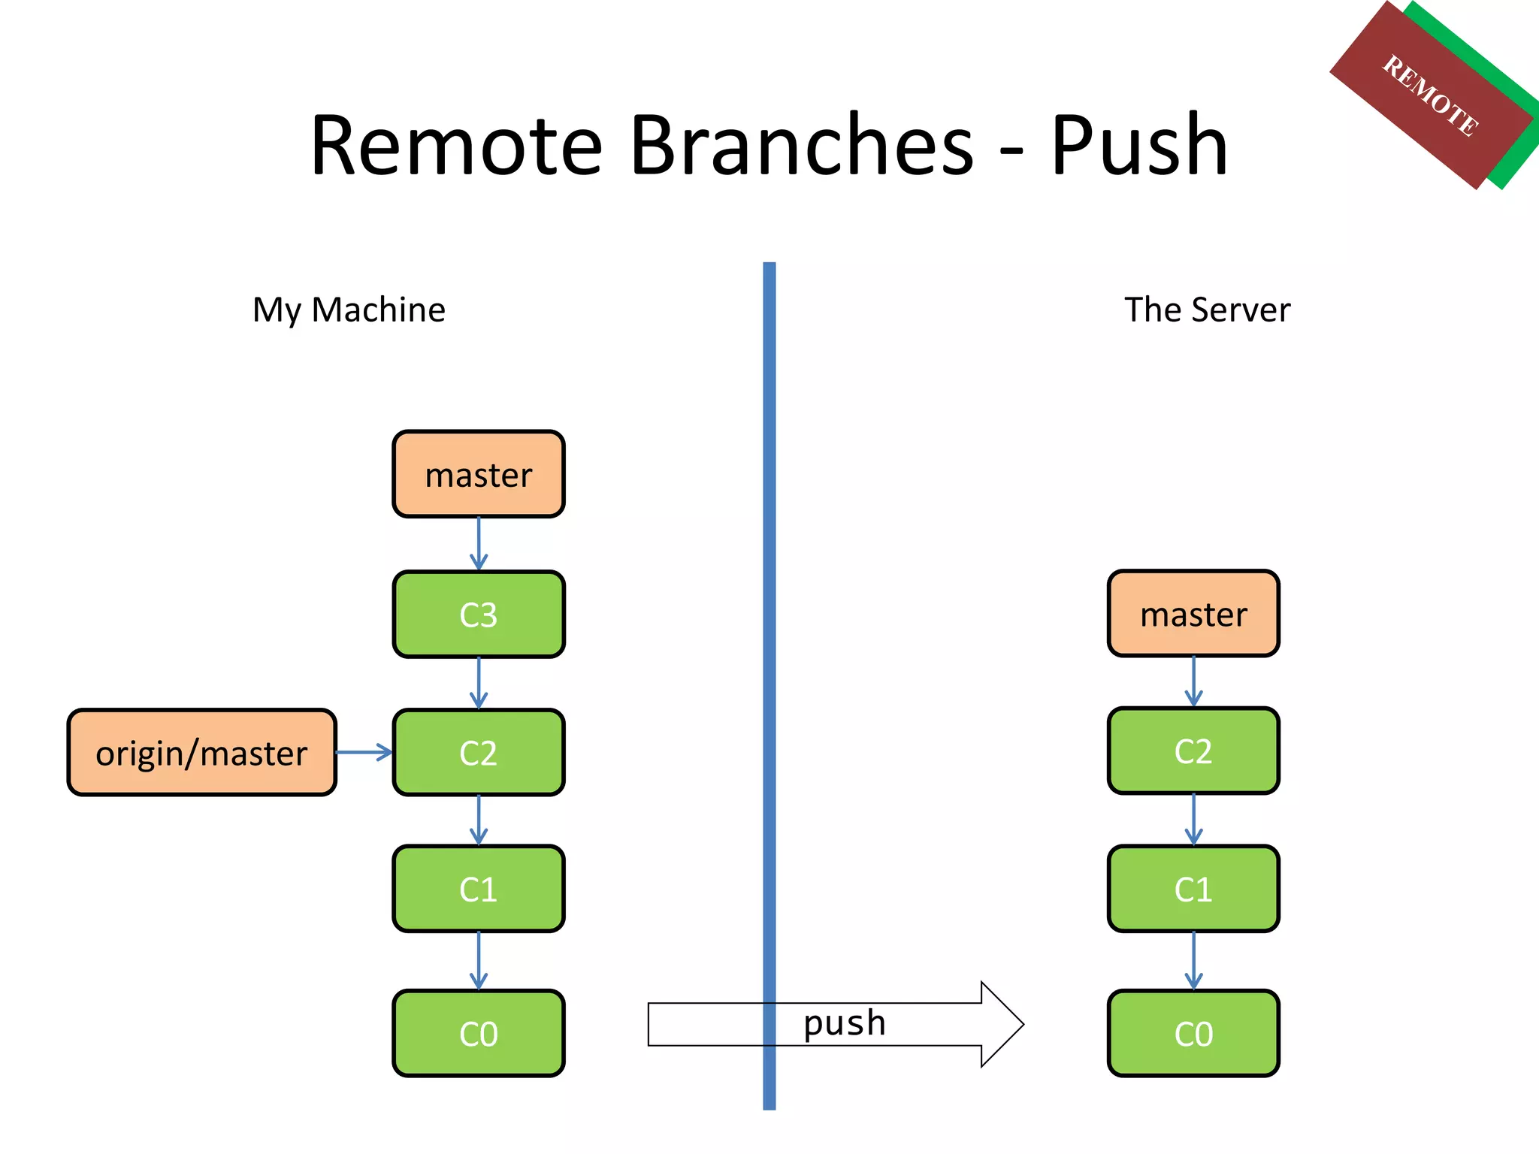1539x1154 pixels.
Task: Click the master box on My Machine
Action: [x=478, y=474]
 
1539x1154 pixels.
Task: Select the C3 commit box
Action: [x=478, y=615]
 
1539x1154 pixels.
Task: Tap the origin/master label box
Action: [x=201, y=753]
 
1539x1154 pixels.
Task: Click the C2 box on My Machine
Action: [x=478, y=753]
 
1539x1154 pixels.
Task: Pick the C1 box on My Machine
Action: [x=478, y=890]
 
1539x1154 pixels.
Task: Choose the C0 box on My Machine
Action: [x=478, y=1034]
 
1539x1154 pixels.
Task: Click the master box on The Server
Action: [x=1193, y=614]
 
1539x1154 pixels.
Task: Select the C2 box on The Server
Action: [x=1193, y=751]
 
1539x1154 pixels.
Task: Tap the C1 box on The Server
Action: [x=1193, y=890]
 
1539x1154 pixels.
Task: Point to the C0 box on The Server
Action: [x=1193, y=1034]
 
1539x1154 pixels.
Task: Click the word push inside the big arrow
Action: [x=845, y=1023]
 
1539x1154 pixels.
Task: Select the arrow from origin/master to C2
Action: [x=364, y=752]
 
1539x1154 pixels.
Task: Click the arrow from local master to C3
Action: [x=479, y=543]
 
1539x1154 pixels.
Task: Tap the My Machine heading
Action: [x=349, y=310]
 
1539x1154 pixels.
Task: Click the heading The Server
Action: [x=1207, y=310]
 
